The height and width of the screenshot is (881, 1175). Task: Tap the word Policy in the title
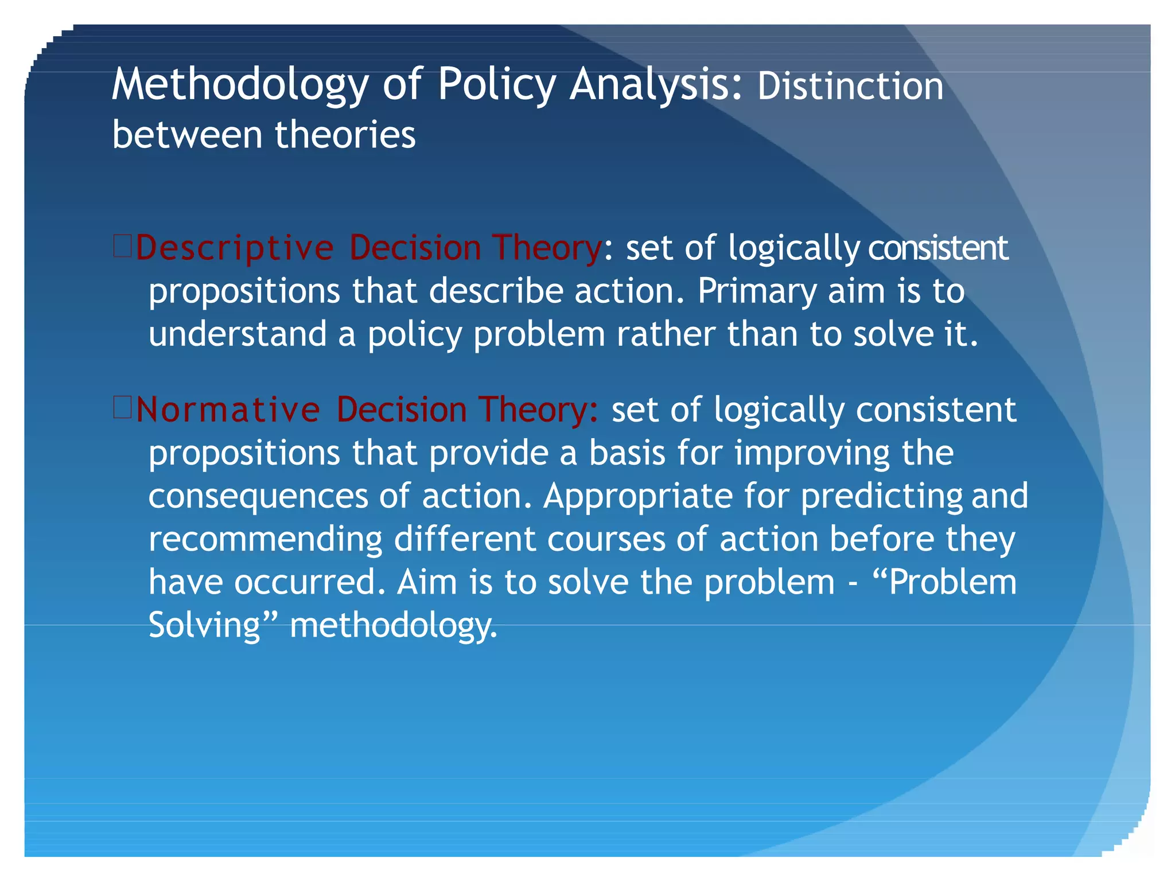[496, 85]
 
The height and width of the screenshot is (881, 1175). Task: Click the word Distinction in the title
[850, 86]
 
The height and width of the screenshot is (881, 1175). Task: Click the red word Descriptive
[235, 249]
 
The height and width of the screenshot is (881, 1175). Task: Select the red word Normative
[228, 410]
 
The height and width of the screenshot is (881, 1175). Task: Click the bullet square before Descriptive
[123, 246]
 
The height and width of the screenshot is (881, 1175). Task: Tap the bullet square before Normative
[123, 408]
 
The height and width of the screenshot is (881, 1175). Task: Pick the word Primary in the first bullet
[757, 292]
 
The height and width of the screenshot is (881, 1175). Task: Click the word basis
[627, 453]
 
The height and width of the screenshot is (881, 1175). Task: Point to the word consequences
[258, 497]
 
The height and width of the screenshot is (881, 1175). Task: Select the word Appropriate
[638, 497]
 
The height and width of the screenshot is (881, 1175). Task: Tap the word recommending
[266, 540]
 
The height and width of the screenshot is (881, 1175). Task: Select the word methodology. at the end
[394, 626]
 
